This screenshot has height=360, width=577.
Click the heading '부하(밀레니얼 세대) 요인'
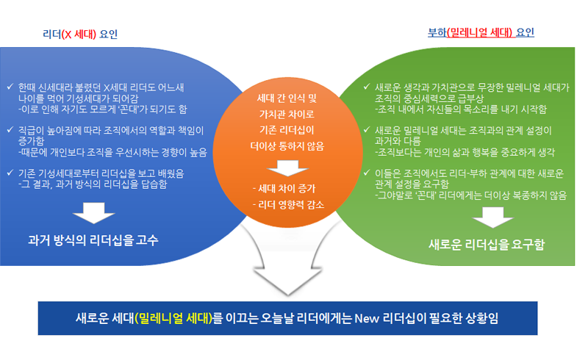tap(481, 33)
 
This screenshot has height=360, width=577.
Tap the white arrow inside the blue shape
tap(91, 212)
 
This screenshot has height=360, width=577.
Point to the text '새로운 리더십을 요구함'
tap(487, 244)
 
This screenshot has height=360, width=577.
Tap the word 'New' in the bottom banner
tap(366, 318)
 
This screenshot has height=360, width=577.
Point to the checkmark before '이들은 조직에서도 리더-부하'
tap(367, 173)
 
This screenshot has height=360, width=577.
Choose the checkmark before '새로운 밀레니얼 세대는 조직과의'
tap(367, 130)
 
